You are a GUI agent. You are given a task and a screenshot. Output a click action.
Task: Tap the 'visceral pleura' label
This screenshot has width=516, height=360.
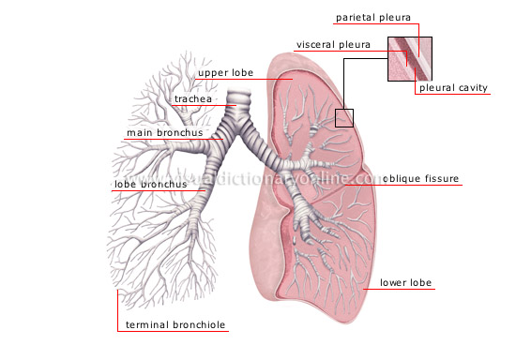(333, 44)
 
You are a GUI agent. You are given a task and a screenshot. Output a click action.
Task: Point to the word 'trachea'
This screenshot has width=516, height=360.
(194, 97)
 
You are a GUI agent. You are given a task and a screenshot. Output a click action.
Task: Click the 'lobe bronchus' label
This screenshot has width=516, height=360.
(150, 185)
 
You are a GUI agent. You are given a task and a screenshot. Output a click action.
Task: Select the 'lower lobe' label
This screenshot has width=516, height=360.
(405, 281)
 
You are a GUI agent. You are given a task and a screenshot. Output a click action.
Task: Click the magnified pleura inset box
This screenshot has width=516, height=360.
(410, 58)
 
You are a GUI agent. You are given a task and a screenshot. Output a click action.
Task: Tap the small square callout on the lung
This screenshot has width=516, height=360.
(345, 117)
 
